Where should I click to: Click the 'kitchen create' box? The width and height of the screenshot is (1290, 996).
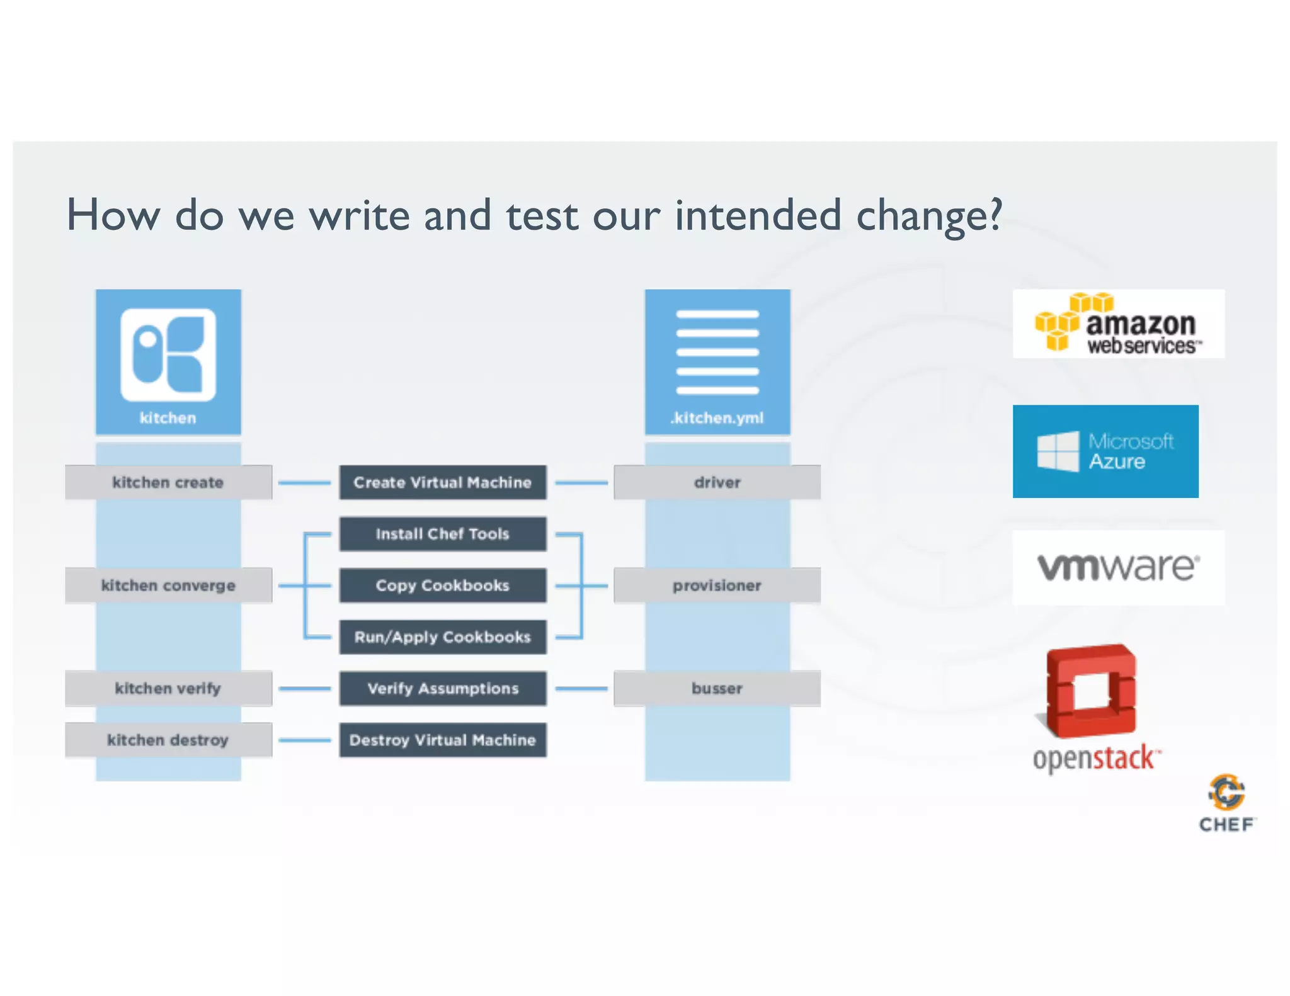pyautogui.click(x=168, y=482)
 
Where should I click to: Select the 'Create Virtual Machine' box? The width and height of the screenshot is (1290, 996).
pyautogui.click(x=442, y=482)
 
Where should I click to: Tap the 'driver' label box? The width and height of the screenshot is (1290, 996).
pyautogui.click(x=717, y=482)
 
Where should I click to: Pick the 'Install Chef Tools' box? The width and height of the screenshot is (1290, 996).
pyautogui.click(x=442, y=534)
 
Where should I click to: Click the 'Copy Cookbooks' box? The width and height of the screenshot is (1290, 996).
pyautogui.click(x=442, y=586)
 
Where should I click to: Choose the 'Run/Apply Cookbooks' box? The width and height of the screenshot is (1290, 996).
pyautogui.click(x=442, y=637)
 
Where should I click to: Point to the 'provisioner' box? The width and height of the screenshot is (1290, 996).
pyautogui.click(x=717, y=586)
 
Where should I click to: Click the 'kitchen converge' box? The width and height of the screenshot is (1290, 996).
pyautogui.click(x=168, y=586)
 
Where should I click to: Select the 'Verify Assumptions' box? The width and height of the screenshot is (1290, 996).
pyautogui.click(x=442, y=689)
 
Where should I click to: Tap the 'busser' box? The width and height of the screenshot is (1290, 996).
pyautogui.click(x=717, y=689)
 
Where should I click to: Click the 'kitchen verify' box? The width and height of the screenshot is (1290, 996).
pyautogui.click(x=168, y=689)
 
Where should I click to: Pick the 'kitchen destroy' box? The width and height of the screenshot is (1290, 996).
pyautogui.click(x=168, y=740)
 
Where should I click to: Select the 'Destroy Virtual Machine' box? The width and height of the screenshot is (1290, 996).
pyautogui.click(x=442, y=740)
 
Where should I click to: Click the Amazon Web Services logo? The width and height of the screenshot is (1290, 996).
pyautogui.click(x=1118, y=324)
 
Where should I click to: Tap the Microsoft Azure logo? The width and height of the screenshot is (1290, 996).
pyautogui.click(x=1105, y=451)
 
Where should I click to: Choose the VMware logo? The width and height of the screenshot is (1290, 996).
pyautogui.click(x=1118, y=567)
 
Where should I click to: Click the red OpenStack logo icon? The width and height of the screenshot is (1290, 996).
pyautogui.click(x=1092, y=691)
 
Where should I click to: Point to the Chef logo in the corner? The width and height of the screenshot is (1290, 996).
pyautogui.click(x=1226, y=803)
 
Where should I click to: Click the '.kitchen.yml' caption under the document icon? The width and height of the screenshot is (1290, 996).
pyautogui.click(x=717, y=418)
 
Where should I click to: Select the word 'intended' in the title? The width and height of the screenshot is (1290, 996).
pyautogui.click(x=758, y=215)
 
